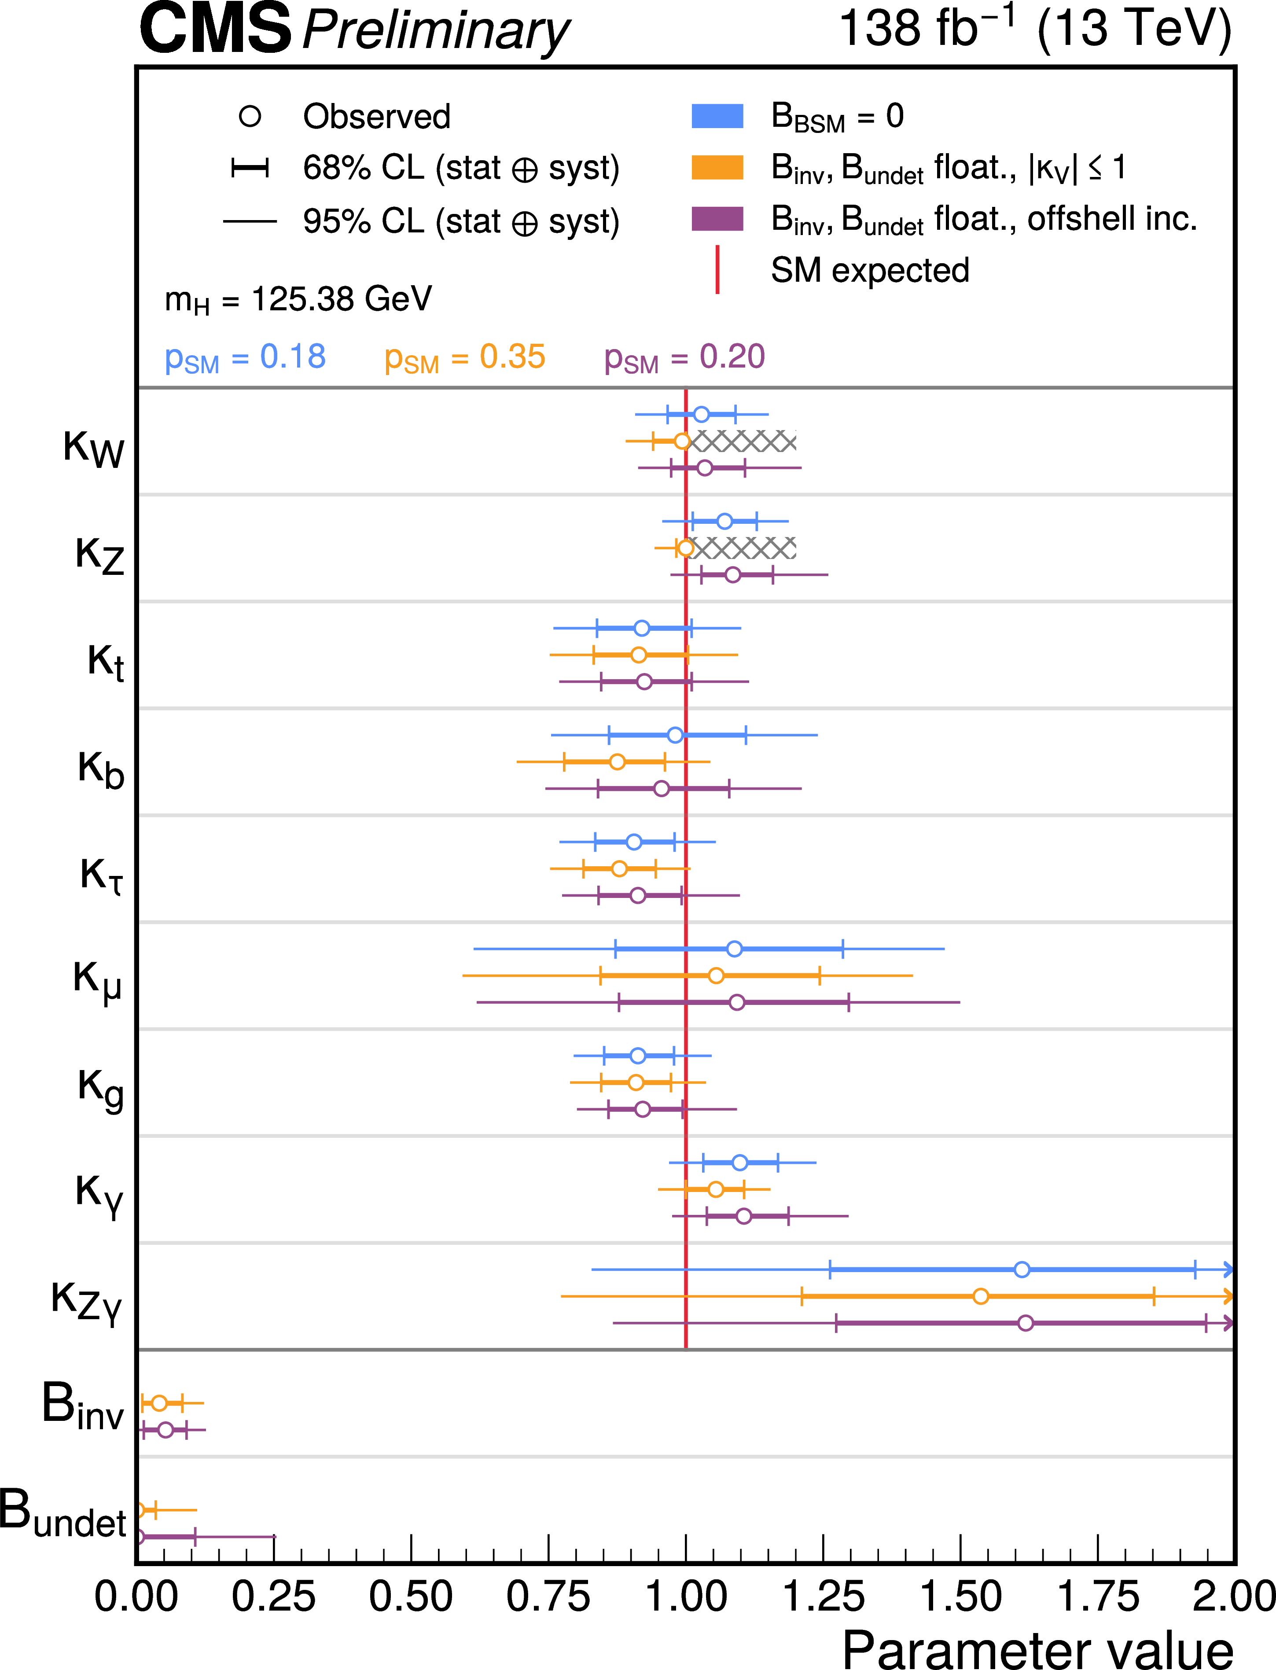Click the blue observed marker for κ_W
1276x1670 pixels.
click(701, 414)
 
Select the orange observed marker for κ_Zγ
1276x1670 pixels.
click(981, 1295)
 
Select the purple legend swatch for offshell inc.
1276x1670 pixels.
click(717, 219)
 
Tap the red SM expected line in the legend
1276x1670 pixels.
click(717, 269)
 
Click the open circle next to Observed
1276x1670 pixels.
click(250, 116)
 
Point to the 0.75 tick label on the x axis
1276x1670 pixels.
click(548, 1596)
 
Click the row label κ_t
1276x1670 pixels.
click(105, 661)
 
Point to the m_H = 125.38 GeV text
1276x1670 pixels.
click(298, 299)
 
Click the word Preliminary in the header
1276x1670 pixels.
click(436, 30)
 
